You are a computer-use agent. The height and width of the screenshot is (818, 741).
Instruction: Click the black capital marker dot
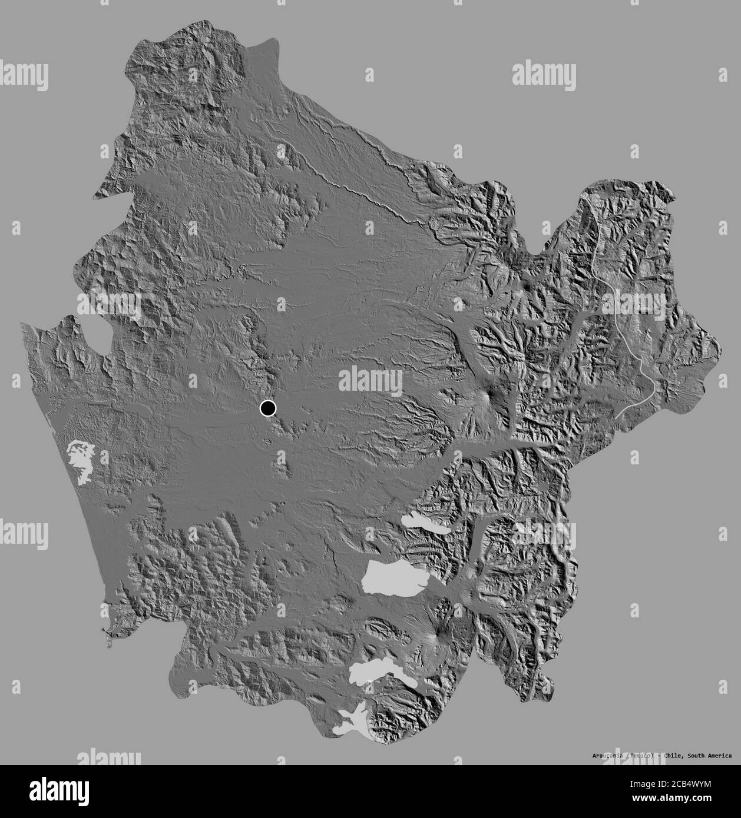267,408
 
